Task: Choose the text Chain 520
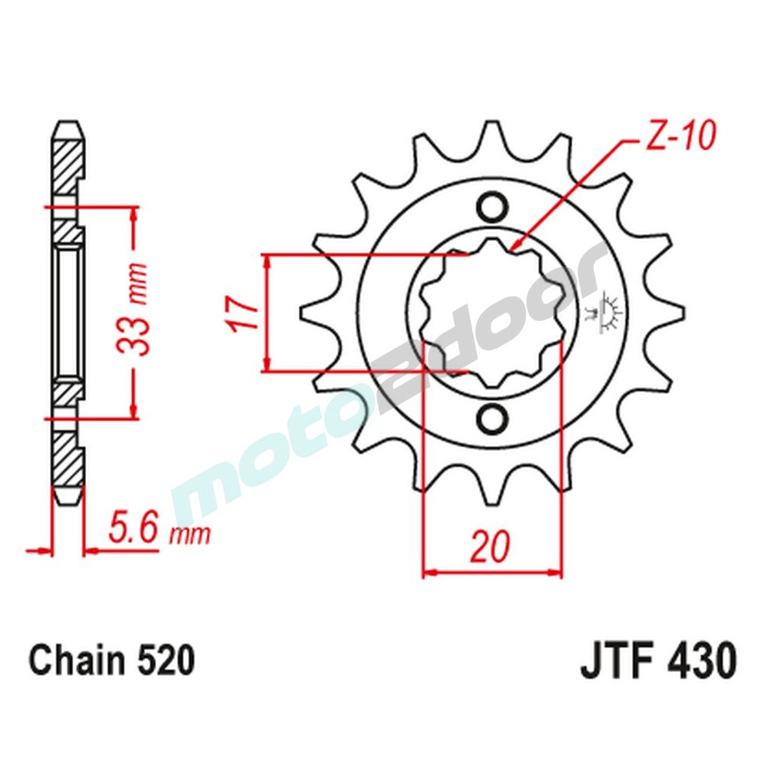point(111,660)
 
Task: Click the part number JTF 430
point(658,661)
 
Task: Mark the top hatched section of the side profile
point(67,165)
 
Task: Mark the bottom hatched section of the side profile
point(67,461)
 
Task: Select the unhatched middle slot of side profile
point(67,313)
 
